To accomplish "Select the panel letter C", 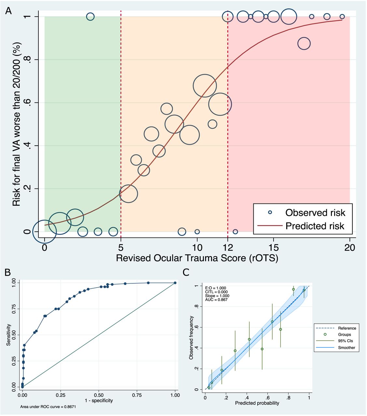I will point(186,272).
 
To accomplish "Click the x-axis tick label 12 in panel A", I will point(228,248).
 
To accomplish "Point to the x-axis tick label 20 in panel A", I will point(349,248).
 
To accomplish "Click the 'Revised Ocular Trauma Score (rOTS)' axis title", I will point(197,258).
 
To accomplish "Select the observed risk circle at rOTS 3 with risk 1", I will point(90,17).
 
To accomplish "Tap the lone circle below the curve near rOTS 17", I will point(304,44).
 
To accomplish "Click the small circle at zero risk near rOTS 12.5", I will point(235,232).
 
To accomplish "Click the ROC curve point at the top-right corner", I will point(175,283).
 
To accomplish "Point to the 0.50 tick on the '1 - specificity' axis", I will point(99,395).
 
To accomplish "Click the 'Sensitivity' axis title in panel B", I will point(8,335).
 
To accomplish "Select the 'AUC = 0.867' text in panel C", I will point(216,300).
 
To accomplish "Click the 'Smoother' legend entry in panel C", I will point(346,347).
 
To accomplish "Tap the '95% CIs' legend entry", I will point(345,341).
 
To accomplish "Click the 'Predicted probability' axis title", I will point(257,403).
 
